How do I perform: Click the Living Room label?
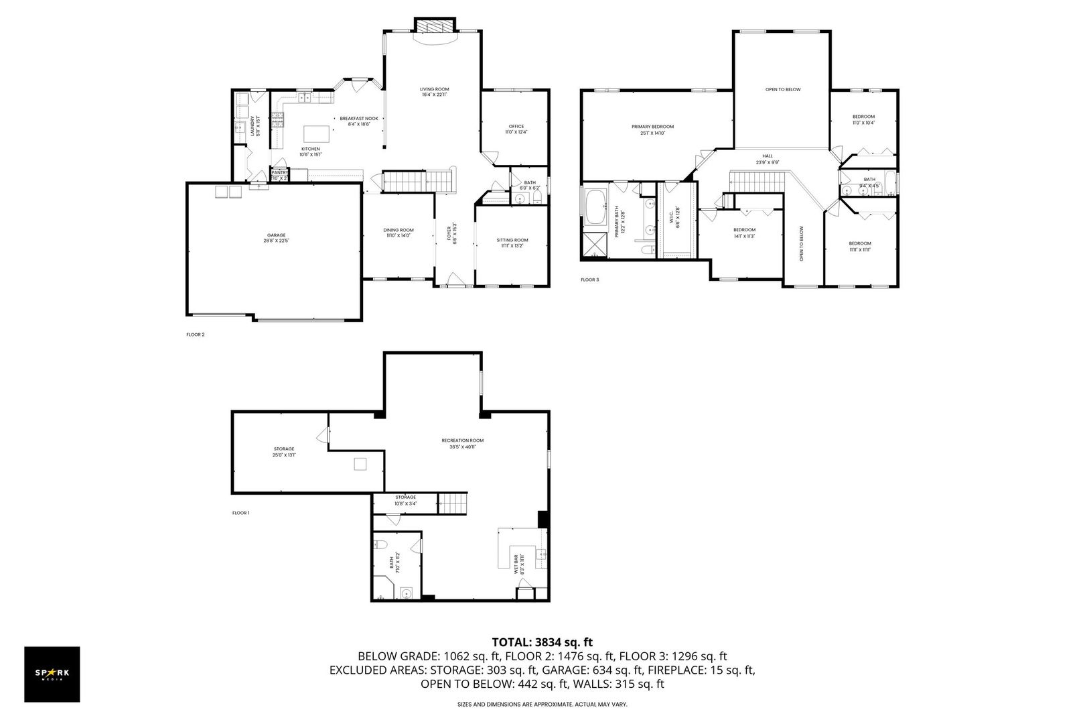click(434, 89)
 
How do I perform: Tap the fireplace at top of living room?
click(435, 25)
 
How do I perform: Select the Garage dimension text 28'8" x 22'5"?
click(277, 240)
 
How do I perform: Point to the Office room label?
click(516, 126)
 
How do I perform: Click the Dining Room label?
click(399, 230)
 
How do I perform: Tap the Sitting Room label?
click(512, 240)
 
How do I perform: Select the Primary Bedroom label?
click(652, 127)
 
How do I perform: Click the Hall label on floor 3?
click(768, 156)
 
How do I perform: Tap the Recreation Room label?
click(462, 440)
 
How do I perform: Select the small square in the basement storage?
click(361, 464)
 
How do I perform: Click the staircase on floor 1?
click(453, 503)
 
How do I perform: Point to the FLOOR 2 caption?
click(195, 334)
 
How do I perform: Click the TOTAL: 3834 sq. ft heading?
click(542, 642)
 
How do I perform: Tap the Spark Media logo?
click(52, 674)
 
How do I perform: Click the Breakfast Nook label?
click(358, 119)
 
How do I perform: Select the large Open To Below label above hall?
click(783, 89)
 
